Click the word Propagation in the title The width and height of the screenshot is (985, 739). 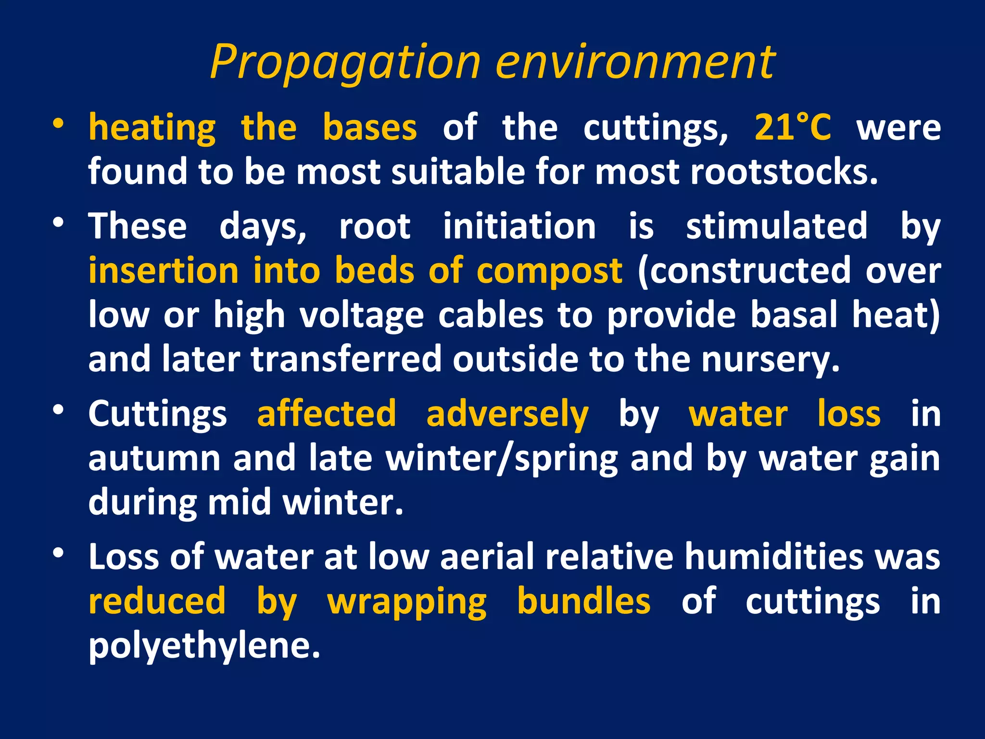(345, 63)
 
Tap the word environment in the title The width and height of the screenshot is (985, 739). (635, 63)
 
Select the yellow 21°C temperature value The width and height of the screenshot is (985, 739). (792, 127)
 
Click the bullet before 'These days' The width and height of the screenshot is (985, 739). (58, 223)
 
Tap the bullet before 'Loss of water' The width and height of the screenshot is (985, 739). (58, 553)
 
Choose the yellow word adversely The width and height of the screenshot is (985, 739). (507, 414)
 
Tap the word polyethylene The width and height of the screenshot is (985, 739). (204, 646)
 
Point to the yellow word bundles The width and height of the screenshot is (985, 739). (583, 601)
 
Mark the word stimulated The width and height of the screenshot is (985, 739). (777, 226)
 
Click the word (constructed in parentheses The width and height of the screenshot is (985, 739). (745, 271)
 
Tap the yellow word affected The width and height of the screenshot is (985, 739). (327, 414)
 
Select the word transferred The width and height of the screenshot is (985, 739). (346, 359)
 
